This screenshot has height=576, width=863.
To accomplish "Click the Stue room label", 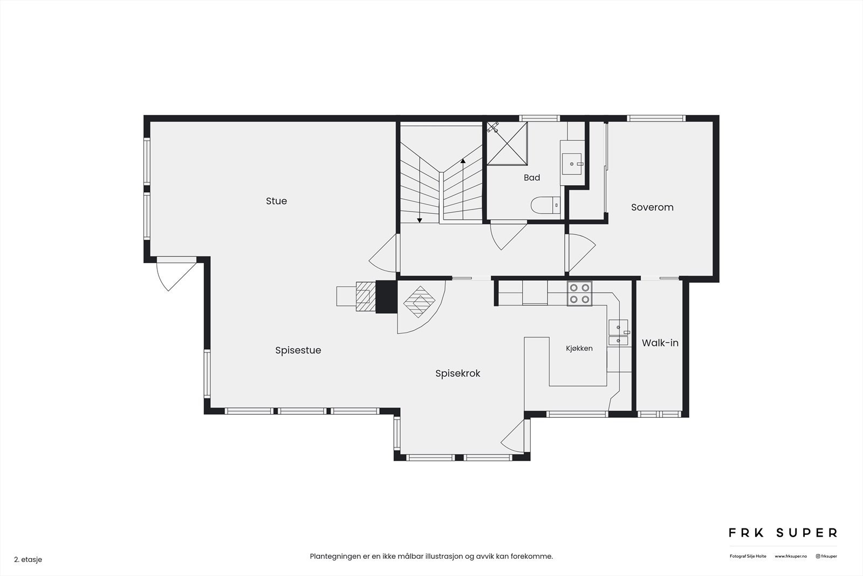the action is click(x=276, y=201).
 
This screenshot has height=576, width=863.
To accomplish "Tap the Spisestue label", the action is click(x=298, y=350).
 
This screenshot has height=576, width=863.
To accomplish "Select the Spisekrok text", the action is click(x=458, y=374).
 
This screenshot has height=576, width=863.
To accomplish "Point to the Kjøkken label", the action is click(x=579, y=349).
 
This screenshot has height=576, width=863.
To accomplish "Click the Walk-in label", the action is click(x=660, y=343).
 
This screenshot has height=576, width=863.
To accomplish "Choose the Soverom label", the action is click(x=652, y=207).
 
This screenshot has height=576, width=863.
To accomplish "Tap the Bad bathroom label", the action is click(x=532, y=178).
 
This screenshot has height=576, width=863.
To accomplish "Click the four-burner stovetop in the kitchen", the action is click(x=579, y=293).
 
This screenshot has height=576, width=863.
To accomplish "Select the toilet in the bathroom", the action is click(x=545, y=205).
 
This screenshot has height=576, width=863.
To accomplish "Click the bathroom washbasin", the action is click(x=572, y=164).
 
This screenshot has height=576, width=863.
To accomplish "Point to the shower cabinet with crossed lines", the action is click(x=507, y=144).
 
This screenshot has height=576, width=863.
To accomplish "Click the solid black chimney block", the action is click(x=386, y=296).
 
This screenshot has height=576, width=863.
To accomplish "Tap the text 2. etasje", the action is click(x=28, y=559).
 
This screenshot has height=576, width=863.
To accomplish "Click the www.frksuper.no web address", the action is click(x=791, y=557).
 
